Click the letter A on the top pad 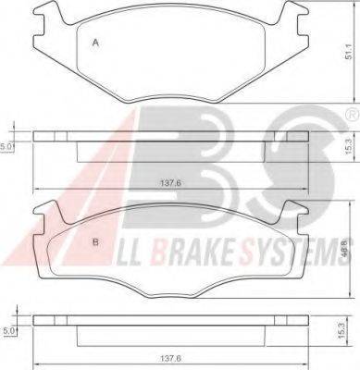(x=95, y=43)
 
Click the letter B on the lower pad (x=95, y=242)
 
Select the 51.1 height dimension (x=349, y=53)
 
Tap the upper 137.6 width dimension (x=170, y=183)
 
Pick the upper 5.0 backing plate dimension (x=6, y=147)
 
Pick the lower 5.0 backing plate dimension (x=8, y=331)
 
